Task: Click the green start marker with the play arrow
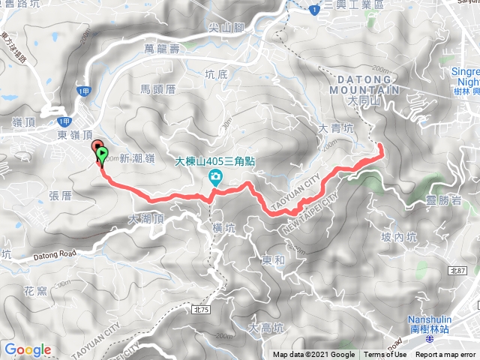point(102,155)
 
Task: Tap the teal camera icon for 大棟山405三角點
point(215,177)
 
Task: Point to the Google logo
point(28,349)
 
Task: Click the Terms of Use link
point(385,355)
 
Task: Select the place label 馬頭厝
point(157,88)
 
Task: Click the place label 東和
point(273,261)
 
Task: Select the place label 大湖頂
point(145,219)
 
